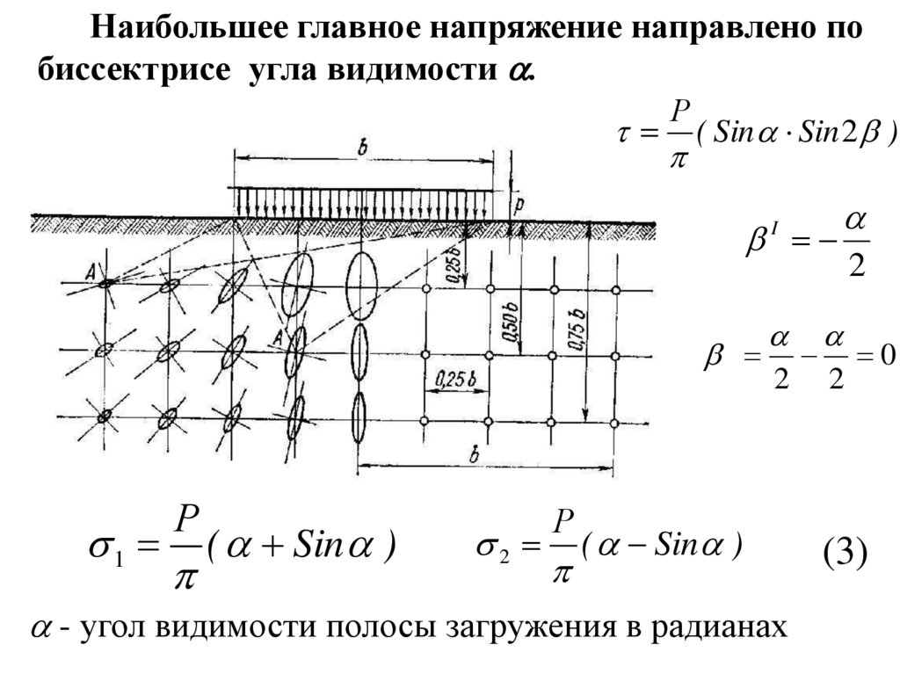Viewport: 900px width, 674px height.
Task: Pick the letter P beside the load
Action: pos(520,203)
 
